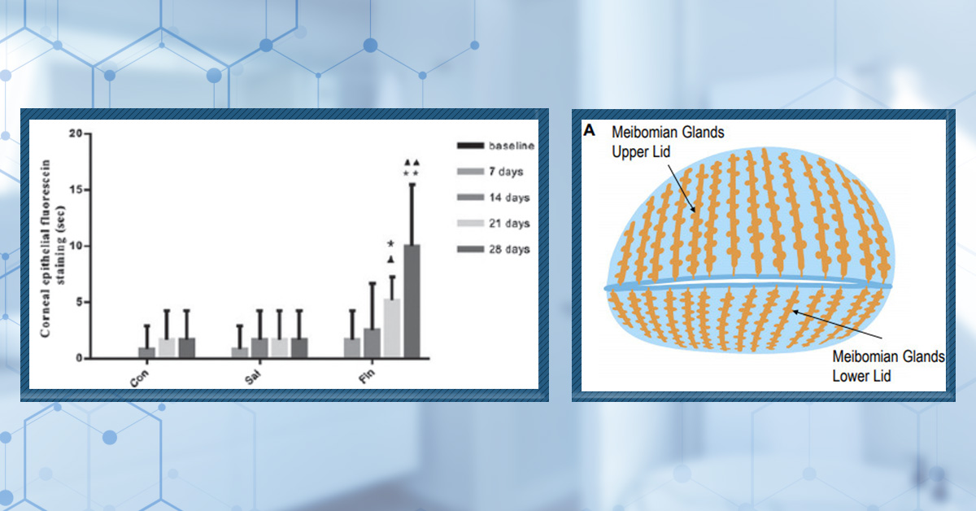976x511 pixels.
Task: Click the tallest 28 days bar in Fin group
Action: point(412,301)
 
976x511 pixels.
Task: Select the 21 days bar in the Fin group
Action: point(392,328)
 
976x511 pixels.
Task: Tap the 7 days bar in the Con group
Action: point(147,352)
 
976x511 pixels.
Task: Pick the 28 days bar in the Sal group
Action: point(299,348)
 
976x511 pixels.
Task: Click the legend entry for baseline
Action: point(495,146)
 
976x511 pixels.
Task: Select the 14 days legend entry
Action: point(493,198)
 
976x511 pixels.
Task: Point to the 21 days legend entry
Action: point(493,223)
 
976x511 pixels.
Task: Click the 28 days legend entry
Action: point(493,249)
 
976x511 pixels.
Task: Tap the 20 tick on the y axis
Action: point(76,133)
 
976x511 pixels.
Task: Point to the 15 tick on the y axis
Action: point(76,190)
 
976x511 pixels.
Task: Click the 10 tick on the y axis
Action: point(76,246)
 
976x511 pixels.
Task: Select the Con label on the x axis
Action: point(139,378)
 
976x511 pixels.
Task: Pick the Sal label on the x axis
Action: point(253,377)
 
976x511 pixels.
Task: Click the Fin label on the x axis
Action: point(367,376)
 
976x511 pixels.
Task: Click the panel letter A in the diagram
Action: point(589,130)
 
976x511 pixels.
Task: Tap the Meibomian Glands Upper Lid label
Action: point(668,142)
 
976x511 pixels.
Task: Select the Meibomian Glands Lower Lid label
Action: point(888,366)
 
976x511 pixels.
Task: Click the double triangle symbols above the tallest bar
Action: point(412,163)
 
